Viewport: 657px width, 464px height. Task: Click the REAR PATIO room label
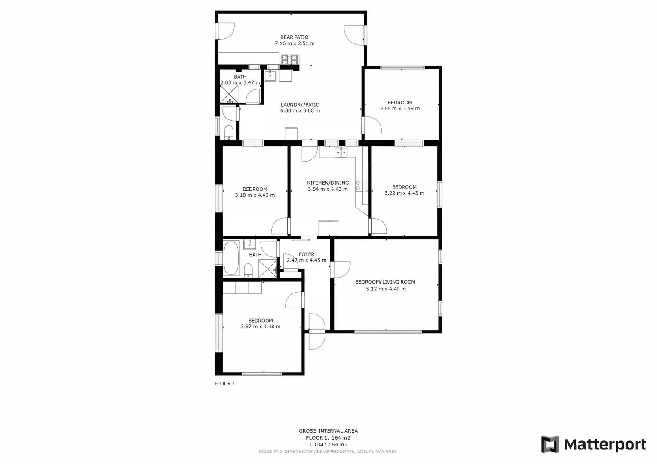[295, 37]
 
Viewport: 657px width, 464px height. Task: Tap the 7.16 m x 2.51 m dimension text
[295, 43]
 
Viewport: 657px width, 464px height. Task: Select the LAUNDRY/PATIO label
[300, 104]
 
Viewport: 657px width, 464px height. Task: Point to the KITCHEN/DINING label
[328, 183]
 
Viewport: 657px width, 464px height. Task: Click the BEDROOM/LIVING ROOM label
[385, 282]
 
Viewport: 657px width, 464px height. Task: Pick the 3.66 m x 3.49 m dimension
[400, 109]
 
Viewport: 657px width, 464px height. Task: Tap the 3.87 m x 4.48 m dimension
[261, 327]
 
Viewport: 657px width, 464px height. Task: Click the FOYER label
[307, 254]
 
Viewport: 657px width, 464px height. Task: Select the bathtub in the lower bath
[231, 259]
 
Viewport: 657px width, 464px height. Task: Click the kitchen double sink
[341, 152]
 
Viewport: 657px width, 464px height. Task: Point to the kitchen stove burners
[361, 185]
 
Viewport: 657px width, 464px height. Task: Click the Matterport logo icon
[550, 444]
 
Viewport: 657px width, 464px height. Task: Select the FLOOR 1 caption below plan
[225, 384]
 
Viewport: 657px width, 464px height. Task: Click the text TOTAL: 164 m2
[328, 445]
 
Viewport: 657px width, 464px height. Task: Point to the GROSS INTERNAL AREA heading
[328, 431]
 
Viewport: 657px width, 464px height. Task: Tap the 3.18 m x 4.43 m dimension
[255, 195]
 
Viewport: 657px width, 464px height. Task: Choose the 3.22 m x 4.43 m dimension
[404, 193]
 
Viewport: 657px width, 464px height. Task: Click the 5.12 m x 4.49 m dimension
[386, 289]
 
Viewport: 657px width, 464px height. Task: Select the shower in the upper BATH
[229, 93]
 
